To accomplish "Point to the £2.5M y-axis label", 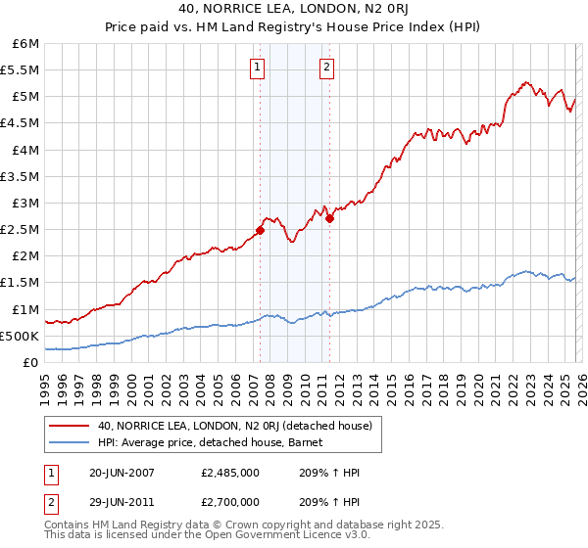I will point(21,229).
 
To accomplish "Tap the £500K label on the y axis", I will point(21,336).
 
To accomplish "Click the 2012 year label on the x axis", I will point(339,383).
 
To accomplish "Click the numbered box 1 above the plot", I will point(257,68).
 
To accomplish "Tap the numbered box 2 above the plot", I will point(326,68).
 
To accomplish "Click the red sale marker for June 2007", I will point(260,230).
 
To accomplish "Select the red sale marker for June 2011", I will point(329,219).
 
